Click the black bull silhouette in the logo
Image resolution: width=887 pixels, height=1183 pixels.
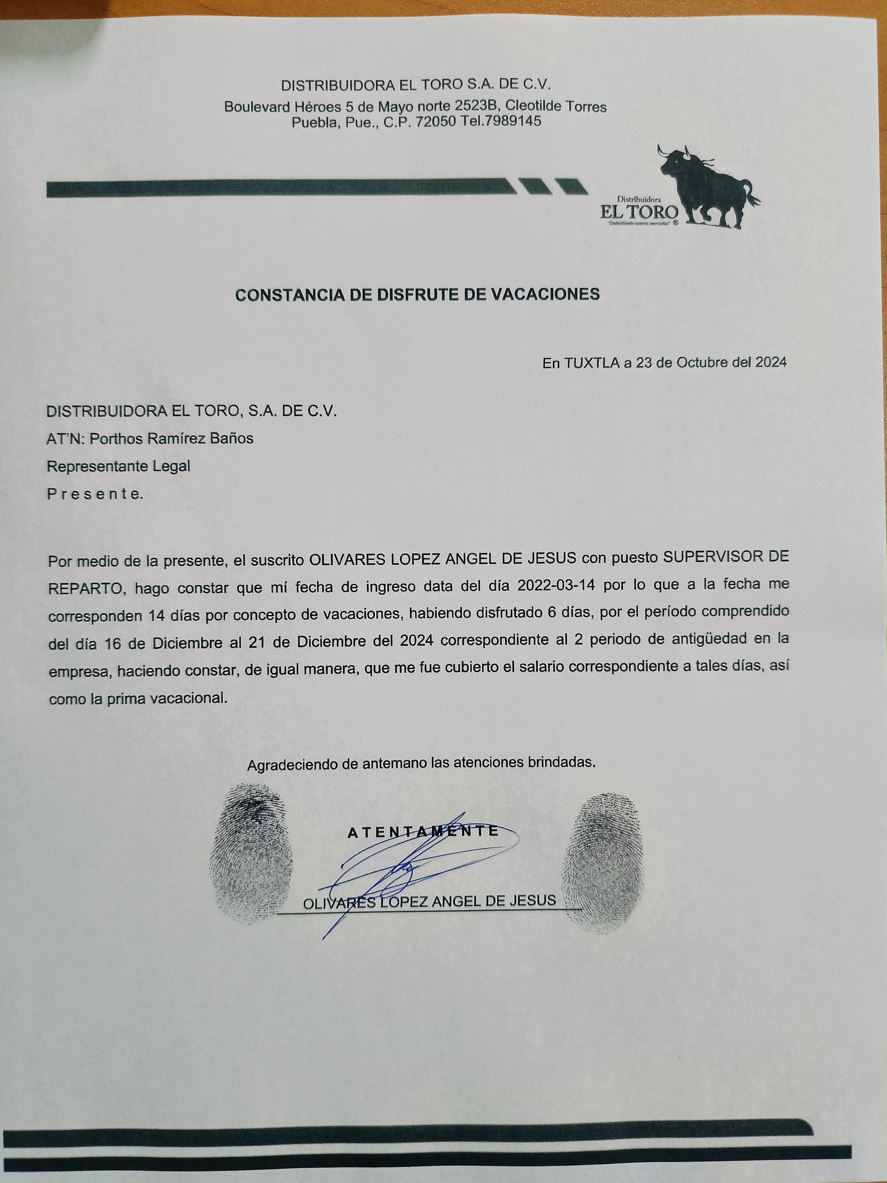(706, 187)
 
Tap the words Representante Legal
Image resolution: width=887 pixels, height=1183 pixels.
(118, 466)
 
